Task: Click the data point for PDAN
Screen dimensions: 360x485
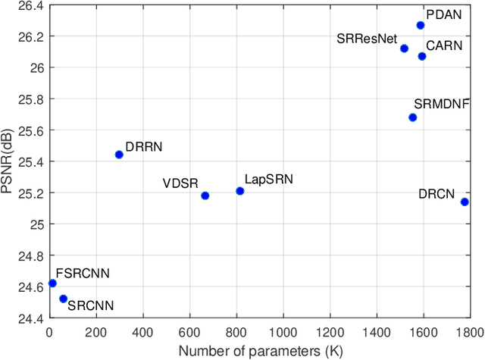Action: pyautogui.click(x=421, y=25)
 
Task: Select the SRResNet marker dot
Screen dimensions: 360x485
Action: pyautogui.click(x=404, y=49)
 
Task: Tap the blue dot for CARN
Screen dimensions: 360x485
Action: pyautogui.click(x=422, y=56)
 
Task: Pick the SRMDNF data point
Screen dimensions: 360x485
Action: pyautogui.click(x=413, y=117)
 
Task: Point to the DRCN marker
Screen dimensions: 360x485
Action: pyautogui.click(x=465, y=202)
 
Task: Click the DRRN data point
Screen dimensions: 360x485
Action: pyautogui.click(x=119, y=155)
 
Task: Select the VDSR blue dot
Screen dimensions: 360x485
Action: pyautogui.click(x=205, y=196)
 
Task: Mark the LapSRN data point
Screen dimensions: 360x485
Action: pyautogui.click(x=240, y=191)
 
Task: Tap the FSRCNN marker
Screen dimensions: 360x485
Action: pyautogui.click(x=52, y=283)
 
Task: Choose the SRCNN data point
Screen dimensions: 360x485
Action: pyautogui.click(x=63, y=299)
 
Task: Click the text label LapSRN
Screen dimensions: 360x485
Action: pyautogui.click(x=268, y=180)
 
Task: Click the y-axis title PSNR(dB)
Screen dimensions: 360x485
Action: pyautogui.click(x=9, y=161)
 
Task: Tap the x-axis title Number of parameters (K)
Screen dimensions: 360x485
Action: pyautogui.click(x=258, y=351)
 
